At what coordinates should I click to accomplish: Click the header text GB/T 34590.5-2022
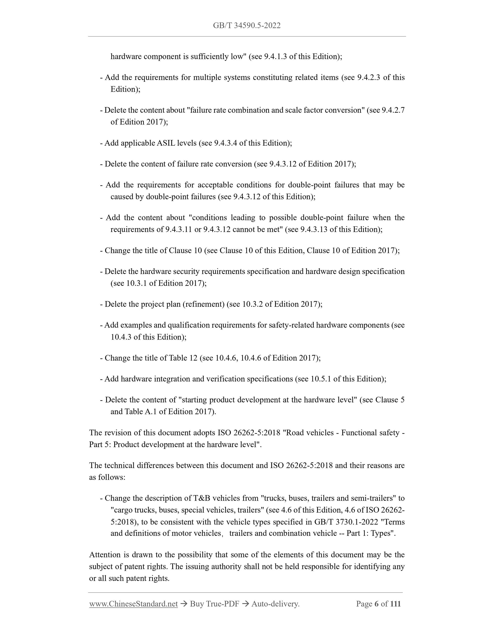(247, 26)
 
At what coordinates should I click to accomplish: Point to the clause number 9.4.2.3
(369, 78)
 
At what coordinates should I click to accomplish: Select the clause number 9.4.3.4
(225, 143)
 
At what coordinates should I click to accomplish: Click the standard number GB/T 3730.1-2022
(345, 522)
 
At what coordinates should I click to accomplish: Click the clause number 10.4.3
(121, 337)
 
